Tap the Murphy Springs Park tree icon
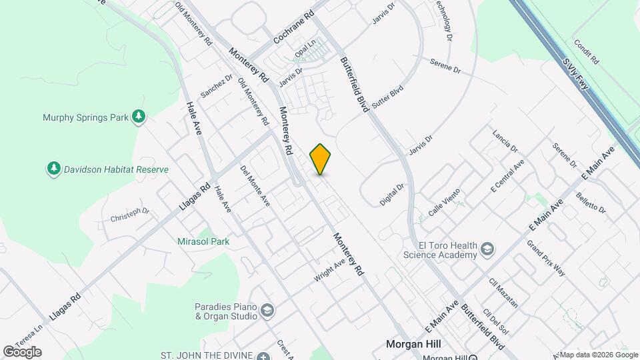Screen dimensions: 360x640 [x=139, y=117]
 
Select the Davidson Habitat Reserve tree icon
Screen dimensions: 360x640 [x=54, y=169]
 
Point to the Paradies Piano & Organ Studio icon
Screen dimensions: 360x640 [x=267, y=311]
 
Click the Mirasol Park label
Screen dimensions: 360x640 [x=204, y=241]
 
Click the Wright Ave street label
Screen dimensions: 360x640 [x=330, y=270]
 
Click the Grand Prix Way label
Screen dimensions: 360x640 [x=546, y=258]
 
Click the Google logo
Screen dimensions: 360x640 [x=22, y=351]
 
